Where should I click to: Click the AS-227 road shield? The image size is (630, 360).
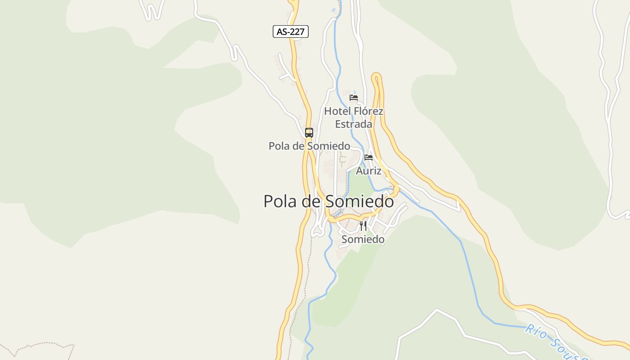tap(290, 31)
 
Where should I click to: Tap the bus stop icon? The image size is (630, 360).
tap(309, 132)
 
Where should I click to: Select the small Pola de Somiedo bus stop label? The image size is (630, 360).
tap(309, 146)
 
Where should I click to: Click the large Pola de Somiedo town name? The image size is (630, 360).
tap(328, 201)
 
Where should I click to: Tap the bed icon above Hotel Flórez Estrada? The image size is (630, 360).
tap(354, 97)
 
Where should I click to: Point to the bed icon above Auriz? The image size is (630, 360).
tap(369, 157)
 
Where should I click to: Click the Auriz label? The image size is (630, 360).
tap(369, 171)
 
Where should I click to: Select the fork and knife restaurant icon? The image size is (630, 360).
tap(363, 225)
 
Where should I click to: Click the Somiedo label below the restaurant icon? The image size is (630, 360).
tap(363, 239)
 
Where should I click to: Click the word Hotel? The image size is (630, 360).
tap(337, 111)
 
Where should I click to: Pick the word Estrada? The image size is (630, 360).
tap(354, 124)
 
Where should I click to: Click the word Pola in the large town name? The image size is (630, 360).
tap(280, 201)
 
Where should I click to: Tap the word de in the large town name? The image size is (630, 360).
tap(310, 201)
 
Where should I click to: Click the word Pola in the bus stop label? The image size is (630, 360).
tap(279, 146)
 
